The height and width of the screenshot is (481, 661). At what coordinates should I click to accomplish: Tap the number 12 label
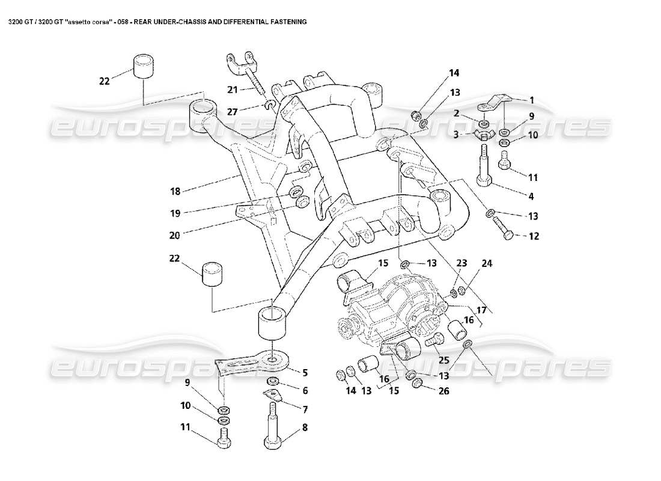(x=533, y=236)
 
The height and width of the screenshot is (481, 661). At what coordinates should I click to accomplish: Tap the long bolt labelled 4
(x=484, y=171)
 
